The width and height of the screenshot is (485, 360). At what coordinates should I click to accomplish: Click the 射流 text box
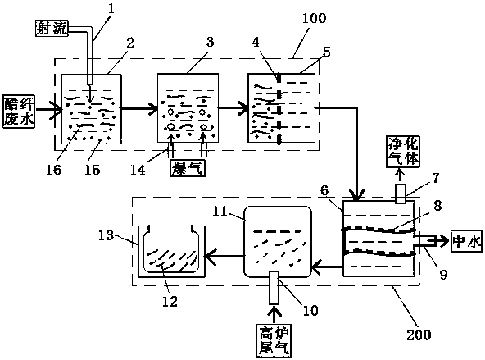point(52,29)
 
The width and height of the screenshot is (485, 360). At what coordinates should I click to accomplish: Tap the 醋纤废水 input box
point(19,112)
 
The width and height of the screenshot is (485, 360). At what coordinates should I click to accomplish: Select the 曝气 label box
point(188,167)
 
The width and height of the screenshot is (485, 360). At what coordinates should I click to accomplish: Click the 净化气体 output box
point(403,152)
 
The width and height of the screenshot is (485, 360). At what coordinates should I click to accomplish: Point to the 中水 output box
point(466,241)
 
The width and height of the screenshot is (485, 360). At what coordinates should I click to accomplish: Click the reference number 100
point(314,18)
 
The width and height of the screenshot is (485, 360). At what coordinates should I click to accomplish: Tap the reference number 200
point(419,335)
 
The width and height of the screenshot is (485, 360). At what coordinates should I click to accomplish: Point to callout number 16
point(54,170)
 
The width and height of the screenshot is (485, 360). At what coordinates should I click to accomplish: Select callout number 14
point(138,170)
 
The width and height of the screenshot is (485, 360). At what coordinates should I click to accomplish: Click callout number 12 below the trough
point(170,301)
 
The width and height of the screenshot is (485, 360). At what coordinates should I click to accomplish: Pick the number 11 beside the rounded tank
point(220,212)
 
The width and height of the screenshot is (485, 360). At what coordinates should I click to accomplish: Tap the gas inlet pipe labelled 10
point(274,288)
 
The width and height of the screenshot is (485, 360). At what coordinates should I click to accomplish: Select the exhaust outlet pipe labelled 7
point(401,194)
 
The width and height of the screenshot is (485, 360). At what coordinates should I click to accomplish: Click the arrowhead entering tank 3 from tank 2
point(154,108)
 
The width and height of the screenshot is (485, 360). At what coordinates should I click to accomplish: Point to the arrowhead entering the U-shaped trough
point(208,256)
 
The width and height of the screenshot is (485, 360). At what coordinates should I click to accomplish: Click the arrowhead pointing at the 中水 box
point(446,241)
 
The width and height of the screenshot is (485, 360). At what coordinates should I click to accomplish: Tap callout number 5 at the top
point(327,52)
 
